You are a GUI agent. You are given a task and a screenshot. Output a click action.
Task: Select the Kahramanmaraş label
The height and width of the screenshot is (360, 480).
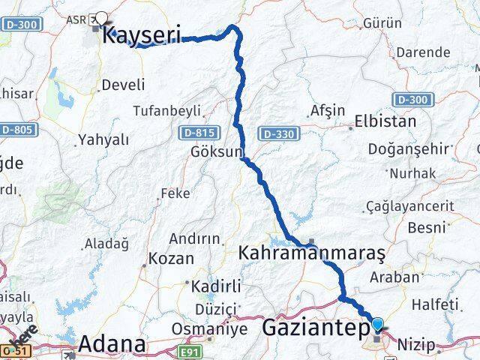pyautogui.click(x=312, y=253)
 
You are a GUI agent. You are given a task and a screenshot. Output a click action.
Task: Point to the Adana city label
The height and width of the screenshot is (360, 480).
pyautogui.click(x=112, y=344)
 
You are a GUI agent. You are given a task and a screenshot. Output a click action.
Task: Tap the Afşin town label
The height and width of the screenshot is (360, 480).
pyautogui.click(x=327, y=111)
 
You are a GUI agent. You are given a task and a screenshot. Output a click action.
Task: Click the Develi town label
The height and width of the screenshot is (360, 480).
pyautogui.click(x=124, y=85)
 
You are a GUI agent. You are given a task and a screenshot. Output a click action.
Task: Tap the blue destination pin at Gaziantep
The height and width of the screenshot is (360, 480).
pyautogui.click(x=378, y=324)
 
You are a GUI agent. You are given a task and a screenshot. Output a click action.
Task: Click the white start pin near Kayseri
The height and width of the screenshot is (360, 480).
pyautogui.click(x=101, y=19)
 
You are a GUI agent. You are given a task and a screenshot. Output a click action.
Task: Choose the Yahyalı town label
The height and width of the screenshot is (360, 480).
pyautogui.click(x=103, y=139)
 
